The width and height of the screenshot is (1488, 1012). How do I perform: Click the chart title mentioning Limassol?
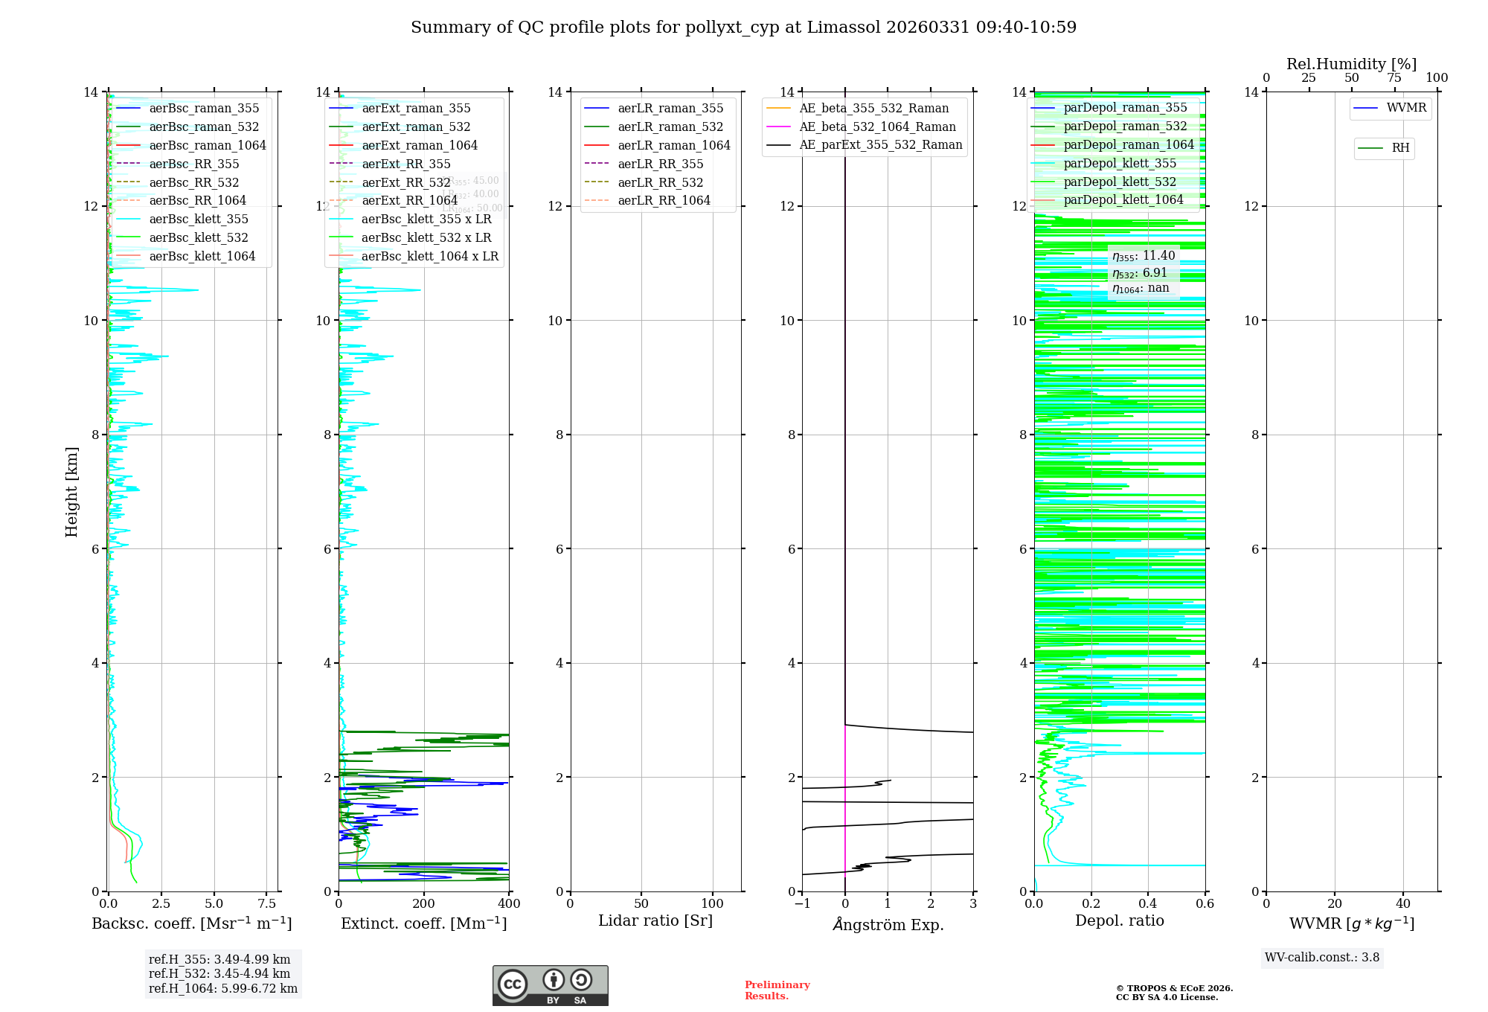[743, 28]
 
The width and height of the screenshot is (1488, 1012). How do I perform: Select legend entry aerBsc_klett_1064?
[202, 256]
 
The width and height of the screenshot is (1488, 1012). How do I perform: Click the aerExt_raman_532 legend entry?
[416, 126]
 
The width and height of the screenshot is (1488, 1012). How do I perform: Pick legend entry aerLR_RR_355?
[660, 164]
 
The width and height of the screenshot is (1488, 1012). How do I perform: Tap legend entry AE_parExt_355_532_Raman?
[880, 145]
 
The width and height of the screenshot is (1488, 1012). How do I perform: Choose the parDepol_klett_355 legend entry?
[1120, 163]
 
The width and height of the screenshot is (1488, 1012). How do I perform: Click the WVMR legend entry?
[1406, 108]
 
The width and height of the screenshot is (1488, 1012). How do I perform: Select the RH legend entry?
[1400, 148]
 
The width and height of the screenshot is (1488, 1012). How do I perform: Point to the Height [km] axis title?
[71, 491]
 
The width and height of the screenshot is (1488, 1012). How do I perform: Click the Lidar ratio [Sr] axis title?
[655, 920]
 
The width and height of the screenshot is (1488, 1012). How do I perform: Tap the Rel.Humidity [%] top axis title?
[1351, 64]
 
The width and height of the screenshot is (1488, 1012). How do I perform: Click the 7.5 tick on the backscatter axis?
[267, 904]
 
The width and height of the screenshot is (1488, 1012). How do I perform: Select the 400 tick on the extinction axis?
[509, 904]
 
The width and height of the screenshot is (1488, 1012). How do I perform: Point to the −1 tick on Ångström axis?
[802, 904]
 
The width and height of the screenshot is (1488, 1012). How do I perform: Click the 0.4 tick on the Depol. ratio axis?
[1148, 904]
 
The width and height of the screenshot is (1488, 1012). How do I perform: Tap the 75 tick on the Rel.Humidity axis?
[1394, 78]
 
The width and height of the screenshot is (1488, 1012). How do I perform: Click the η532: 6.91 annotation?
[1140, 273]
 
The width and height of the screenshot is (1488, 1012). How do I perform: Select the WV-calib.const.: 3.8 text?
[1321, 958]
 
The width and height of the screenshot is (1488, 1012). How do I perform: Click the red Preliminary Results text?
[777, 990]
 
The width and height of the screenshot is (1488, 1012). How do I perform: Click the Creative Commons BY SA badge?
[550, 986]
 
